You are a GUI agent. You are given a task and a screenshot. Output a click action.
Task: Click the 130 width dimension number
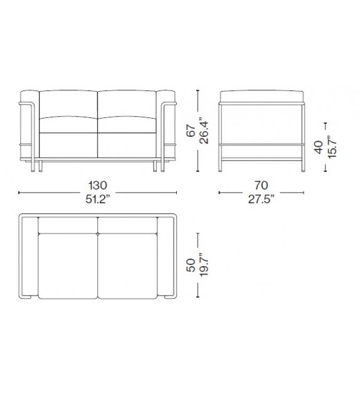(x=98, y=185)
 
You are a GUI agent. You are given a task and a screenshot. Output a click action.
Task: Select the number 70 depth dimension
(x=262, y=185)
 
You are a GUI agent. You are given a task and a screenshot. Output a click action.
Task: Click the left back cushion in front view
(x=68, y=104)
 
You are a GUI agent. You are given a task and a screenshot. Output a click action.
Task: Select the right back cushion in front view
(x=127, y=104)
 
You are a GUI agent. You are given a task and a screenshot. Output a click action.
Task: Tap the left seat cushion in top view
(x=68, y=264)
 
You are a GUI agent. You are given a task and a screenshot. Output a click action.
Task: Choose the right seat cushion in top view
(x=127, y=264)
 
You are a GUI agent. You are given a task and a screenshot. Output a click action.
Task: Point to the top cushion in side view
(x=262, y=95)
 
